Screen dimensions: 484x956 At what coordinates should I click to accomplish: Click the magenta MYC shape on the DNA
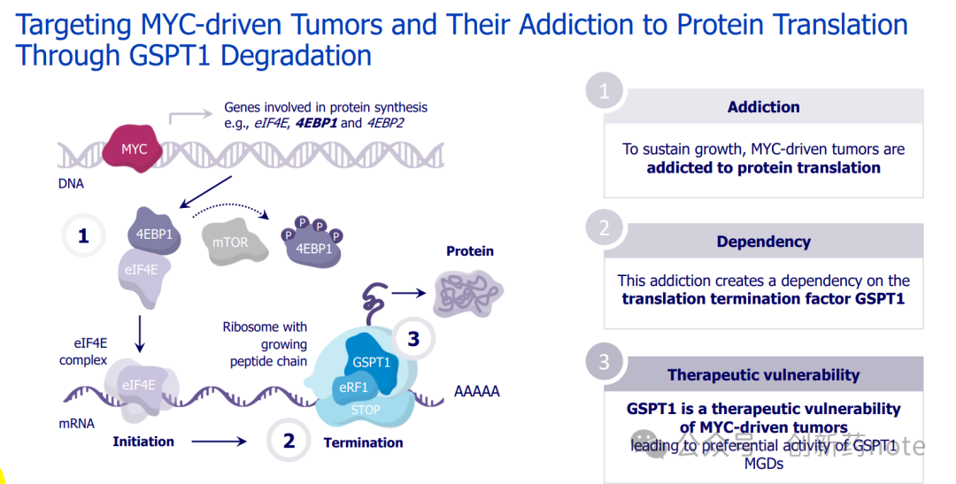[134, 149]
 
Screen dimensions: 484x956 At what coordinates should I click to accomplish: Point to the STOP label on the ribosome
[366, 410]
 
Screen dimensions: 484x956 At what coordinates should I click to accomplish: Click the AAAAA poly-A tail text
[476, 391]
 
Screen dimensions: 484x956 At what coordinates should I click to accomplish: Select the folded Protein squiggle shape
[468, 290]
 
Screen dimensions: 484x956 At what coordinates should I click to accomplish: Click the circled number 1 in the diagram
[83, 235]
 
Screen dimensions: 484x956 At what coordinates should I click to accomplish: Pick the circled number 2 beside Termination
[289, 441]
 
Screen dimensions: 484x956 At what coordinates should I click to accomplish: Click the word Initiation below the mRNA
[143, 442]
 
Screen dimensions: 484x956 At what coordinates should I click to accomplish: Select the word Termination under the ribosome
[363, 442]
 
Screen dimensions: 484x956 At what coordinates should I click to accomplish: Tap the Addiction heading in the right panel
[763, 107]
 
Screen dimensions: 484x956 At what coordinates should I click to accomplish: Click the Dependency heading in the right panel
[763, 242]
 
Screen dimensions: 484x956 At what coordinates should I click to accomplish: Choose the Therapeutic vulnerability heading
[763, 375]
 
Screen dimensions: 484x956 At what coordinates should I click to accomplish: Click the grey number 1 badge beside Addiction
[605, 92]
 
